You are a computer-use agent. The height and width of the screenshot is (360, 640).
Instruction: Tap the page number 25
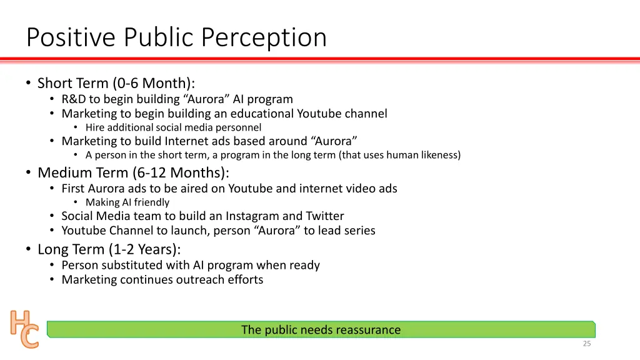coord(586,343)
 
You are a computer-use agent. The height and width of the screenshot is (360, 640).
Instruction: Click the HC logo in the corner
coord(24,329)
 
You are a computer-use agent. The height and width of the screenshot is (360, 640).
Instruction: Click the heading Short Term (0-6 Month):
coord(116,83)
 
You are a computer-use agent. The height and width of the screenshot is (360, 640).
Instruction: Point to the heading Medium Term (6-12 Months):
coord(133,172)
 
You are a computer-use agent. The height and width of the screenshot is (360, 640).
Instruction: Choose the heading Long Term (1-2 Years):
coord(109,249)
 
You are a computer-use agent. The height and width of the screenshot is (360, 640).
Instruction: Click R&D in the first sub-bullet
coord(74,99)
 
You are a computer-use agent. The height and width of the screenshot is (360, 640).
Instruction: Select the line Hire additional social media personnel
coord(173,127)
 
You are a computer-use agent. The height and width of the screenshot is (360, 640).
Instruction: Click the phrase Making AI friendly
coord(127,202)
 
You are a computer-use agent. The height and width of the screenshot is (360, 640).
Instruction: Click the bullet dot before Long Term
coord(29,249)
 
